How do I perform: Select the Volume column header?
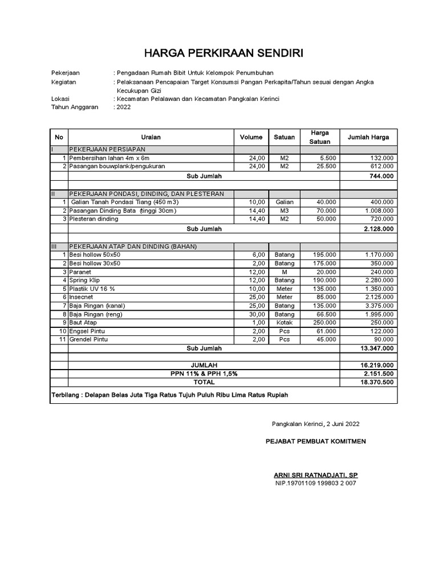coord(251,137)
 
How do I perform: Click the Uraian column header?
coord(151,137)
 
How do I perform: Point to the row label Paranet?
coord(80,272)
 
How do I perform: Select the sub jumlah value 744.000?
coord(380,176)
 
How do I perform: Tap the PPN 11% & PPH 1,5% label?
coord(203,373)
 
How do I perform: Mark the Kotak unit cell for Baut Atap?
coord(284,323)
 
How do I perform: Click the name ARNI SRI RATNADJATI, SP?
coord(316,475)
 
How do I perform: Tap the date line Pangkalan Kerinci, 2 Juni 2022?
coord(315,424)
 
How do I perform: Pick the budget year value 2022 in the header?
coord(123,107)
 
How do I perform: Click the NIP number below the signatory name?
coord(315,484)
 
